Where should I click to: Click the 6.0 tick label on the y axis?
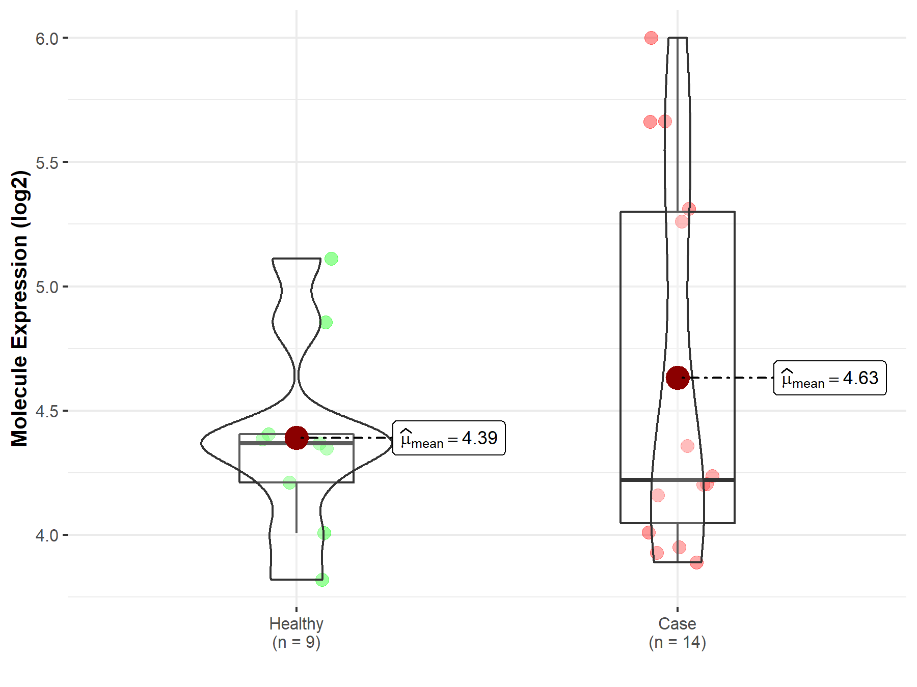coord(47,39)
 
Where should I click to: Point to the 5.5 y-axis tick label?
coord(47,163)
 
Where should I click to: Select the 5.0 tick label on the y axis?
coord(47,287)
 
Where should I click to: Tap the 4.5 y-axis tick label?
coord(47,411)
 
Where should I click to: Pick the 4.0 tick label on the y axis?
coord(47,535)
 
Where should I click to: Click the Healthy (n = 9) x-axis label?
coord(296,633)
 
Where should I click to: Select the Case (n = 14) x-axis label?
coord(677,633)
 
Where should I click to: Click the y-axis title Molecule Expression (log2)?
coord(19,308)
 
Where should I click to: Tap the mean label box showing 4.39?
coord(449,438)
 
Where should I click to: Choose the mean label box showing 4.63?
coord(830,378)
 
